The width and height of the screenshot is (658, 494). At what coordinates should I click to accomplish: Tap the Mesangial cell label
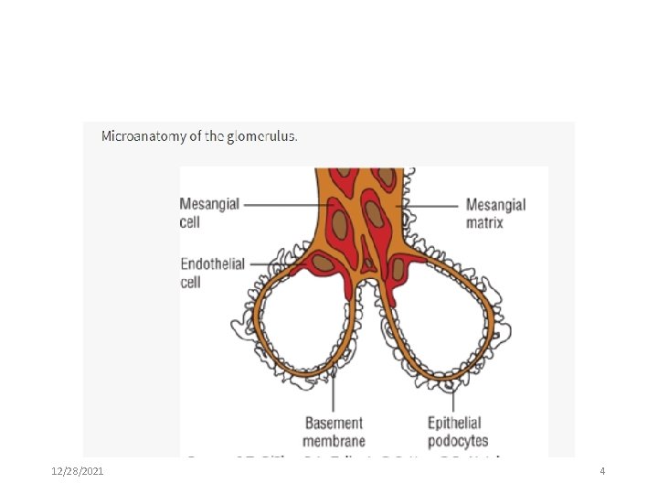click(x=209, y=211)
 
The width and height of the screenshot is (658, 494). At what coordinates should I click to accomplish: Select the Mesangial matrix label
click(x=495, y=212)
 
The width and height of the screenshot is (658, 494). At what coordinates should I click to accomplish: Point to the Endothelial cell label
click(x=212, y=273)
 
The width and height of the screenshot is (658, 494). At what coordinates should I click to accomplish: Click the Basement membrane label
click(x=334, y=432)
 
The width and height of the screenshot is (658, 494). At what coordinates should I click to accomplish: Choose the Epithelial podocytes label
click(x=458, y=432)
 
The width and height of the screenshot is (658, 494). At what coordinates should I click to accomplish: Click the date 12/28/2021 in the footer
click(x=77, y=471)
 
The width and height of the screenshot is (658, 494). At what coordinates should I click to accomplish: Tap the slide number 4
click(x=602, y=471)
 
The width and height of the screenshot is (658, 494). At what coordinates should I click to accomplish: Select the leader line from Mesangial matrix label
click(x=430, y=205)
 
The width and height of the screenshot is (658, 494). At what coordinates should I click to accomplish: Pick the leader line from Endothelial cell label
click(x=274, y=264)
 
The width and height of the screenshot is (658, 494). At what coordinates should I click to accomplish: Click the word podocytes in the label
click(x=458, y=441)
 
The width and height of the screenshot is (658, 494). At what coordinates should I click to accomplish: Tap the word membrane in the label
click(x=334, y=441)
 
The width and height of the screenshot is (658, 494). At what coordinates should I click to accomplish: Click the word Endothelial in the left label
click(x=213, y=264)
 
